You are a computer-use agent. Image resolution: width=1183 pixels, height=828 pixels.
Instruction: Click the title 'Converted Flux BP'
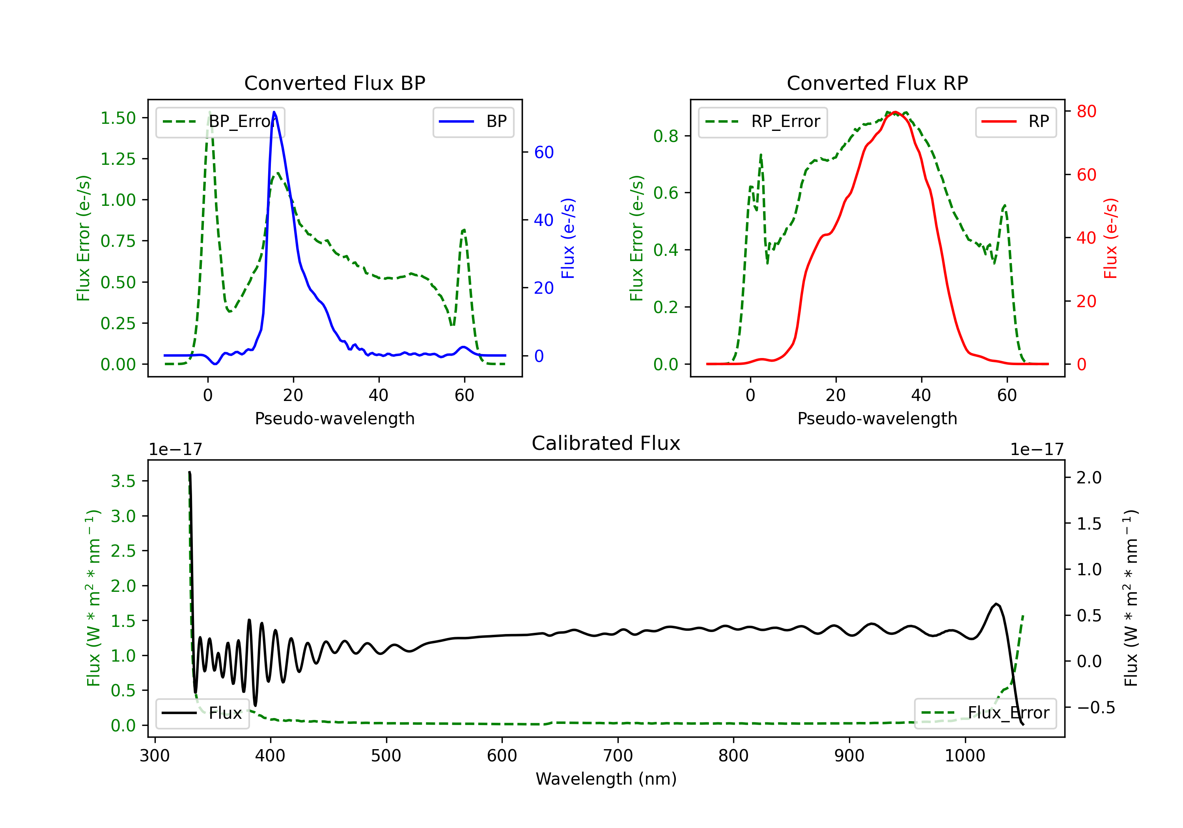(334, 83)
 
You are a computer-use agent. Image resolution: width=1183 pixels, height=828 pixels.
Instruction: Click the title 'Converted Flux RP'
(877, 83)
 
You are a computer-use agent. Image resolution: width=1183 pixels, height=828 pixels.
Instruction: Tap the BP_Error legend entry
(220, 121)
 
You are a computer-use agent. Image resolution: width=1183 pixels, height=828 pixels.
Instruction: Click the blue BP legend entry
(473, 121)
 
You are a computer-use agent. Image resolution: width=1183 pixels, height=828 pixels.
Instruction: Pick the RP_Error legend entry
(763, 121)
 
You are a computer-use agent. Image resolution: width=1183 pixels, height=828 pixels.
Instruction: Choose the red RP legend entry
(1015, 121)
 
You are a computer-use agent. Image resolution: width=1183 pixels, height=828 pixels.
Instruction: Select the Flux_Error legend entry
(985, 713)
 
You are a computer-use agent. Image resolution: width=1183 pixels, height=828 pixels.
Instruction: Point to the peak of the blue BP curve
(274, 112)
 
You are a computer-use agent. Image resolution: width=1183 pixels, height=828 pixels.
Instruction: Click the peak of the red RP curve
(896, 112)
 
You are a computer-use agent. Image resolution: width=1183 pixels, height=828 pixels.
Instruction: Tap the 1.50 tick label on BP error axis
(118, 118)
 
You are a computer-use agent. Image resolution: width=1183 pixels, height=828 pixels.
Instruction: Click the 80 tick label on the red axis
(1086, 111)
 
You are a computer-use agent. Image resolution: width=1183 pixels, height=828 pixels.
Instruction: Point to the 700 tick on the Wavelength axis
(618, 755)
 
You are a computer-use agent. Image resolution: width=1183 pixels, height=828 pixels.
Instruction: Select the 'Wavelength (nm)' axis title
(606, 779)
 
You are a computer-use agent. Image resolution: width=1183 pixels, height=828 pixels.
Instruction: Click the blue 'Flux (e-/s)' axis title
(568, 238)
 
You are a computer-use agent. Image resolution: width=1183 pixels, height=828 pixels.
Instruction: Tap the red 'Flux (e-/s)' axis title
(1110, 238)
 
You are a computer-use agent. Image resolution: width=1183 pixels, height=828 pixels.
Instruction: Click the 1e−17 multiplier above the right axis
(1037, 449)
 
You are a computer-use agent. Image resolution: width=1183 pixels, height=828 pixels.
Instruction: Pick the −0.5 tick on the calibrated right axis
(1095, 707)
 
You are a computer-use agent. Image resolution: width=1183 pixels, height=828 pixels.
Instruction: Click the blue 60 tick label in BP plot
(543, 152)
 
